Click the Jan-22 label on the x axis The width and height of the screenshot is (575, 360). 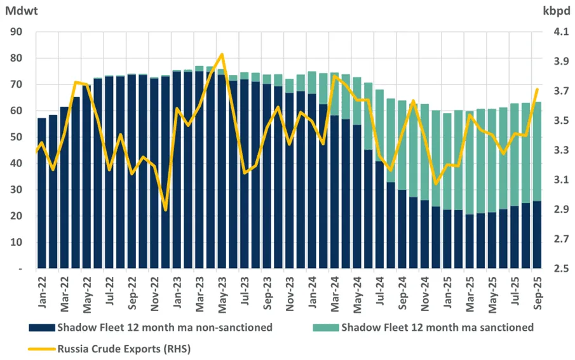click(x=42, y=293)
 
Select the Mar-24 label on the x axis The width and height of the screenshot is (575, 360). click(x=334, y=293)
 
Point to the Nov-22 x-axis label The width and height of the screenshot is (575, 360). click(x=154, y=293)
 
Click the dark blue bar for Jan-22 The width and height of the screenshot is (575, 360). click(x=42, y=194)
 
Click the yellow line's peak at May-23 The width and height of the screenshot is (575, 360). click(x=221, y=55)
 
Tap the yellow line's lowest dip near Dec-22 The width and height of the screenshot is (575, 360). click(x=165, y=210)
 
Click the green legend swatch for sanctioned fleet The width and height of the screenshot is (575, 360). click(x=325, y=328)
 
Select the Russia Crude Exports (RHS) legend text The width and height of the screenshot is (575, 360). click(x=124, y=347)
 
